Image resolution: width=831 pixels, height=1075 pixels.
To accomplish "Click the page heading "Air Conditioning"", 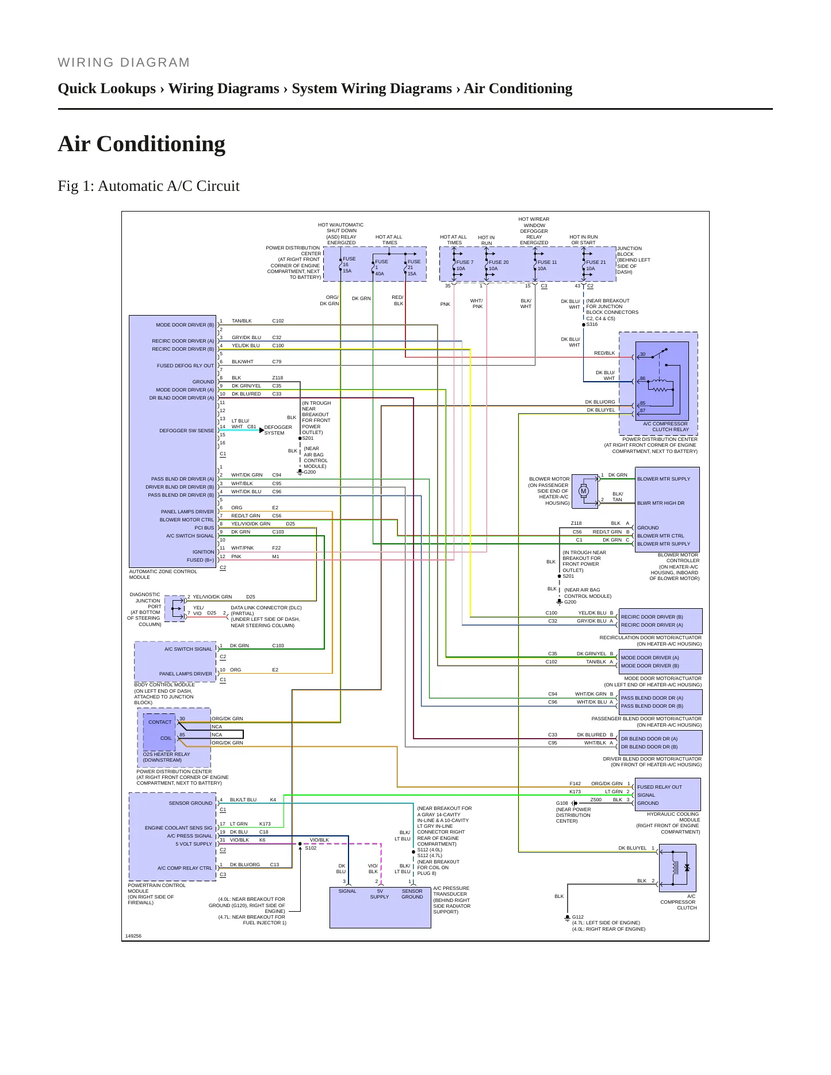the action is tap(141, 144).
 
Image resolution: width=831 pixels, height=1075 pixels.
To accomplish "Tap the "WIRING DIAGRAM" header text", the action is tap(124, 63).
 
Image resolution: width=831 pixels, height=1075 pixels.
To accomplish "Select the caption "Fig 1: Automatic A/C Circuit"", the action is tap(148, 186).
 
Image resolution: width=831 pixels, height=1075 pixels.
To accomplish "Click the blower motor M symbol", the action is tap(584, 491).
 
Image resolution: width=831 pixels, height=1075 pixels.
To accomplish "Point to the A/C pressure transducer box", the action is tap(380, 908).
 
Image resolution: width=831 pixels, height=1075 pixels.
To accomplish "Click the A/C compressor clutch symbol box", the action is tap(677, 868).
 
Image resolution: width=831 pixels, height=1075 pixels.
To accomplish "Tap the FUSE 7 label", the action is tap(465, 262).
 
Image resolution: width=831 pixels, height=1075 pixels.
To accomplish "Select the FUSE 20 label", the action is tap(499, 262).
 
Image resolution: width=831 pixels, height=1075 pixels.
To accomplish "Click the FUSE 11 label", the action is tap(547, 262).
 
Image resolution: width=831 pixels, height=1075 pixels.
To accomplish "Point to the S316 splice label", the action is tap(592, 324).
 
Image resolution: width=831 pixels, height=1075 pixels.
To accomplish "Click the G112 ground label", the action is tap(577, 917).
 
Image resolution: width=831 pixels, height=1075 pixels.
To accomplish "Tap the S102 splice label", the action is tap(311, 848).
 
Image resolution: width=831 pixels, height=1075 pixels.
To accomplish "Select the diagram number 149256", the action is tap(133, 936).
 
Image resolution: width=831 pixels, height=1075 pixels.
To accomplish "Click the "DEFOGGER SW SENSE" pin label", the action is tap(186, 431).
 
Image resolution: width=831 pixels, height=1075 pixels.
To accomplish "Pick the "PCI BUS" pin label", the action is tap(204, 528).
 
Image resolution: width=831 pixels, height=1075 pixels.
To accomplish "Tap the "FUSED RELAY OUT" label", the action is tap(659, 787).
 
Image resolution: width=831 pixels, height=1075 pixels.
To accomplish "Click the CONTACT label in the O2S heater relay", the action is tap(160, 722).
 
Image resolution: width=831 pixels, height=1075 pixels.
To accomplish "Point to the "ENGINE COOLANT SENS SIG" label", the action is tap(178, 828).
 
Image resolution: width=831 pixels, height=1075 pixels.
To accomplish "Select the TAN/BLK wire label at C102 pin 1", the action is tap(242, 321).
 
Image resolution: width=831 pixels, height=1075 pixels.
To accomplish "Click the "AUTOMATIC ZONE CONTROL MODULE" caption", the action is tap(163, 574).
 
